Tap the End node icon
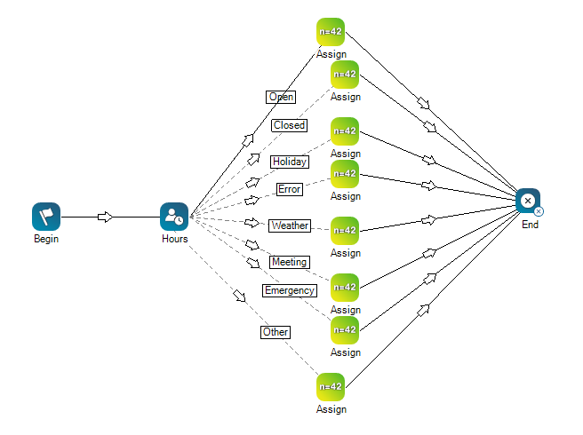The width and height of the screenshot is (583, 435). click(x=529, y=202)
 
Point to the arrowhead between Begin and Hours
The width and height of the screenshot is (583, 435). click(x=105, y=217)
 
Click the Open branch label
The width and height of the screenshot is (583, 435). click(x=281, y=97)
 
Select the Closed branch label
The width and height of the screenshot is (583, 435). click(x=289, y=125)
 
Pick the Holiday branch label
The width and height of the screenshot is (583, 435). click(x=290, y=162)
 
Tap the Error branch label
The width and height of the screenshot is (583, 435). click(x=290, y=189)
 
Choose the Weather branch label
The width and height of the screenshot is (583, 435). click(x=290, y=225)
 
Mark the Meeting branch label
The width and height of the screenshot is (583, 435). click(x=290, y=262)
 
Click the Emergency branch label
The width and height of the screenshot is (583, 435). click(x=289, y=290)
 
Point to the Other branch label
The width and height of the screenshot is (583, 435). click(x=276, y=332)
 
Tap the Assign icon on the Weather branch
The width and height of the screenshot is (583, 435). click(x=345, y=231)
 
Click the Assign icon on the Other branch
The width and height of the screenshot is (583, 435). click(x=331, y=387)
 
